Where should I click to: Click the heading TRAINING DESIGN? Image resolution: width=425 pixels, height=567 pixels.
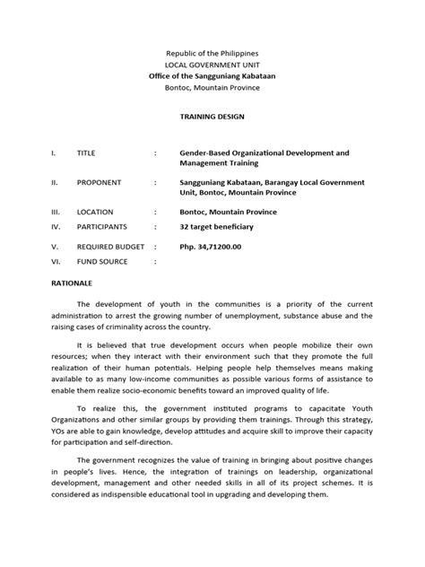212,118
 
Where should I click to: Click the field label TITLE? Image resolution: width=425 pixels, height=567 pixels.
87,153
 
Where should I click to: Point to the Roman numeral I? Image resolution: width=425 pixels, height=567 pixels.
51,153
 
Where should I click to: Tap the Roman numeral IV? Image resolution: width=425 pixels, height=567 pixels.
54,226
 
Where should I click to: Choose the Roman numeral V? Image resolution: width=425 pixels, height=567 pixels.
53,245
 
